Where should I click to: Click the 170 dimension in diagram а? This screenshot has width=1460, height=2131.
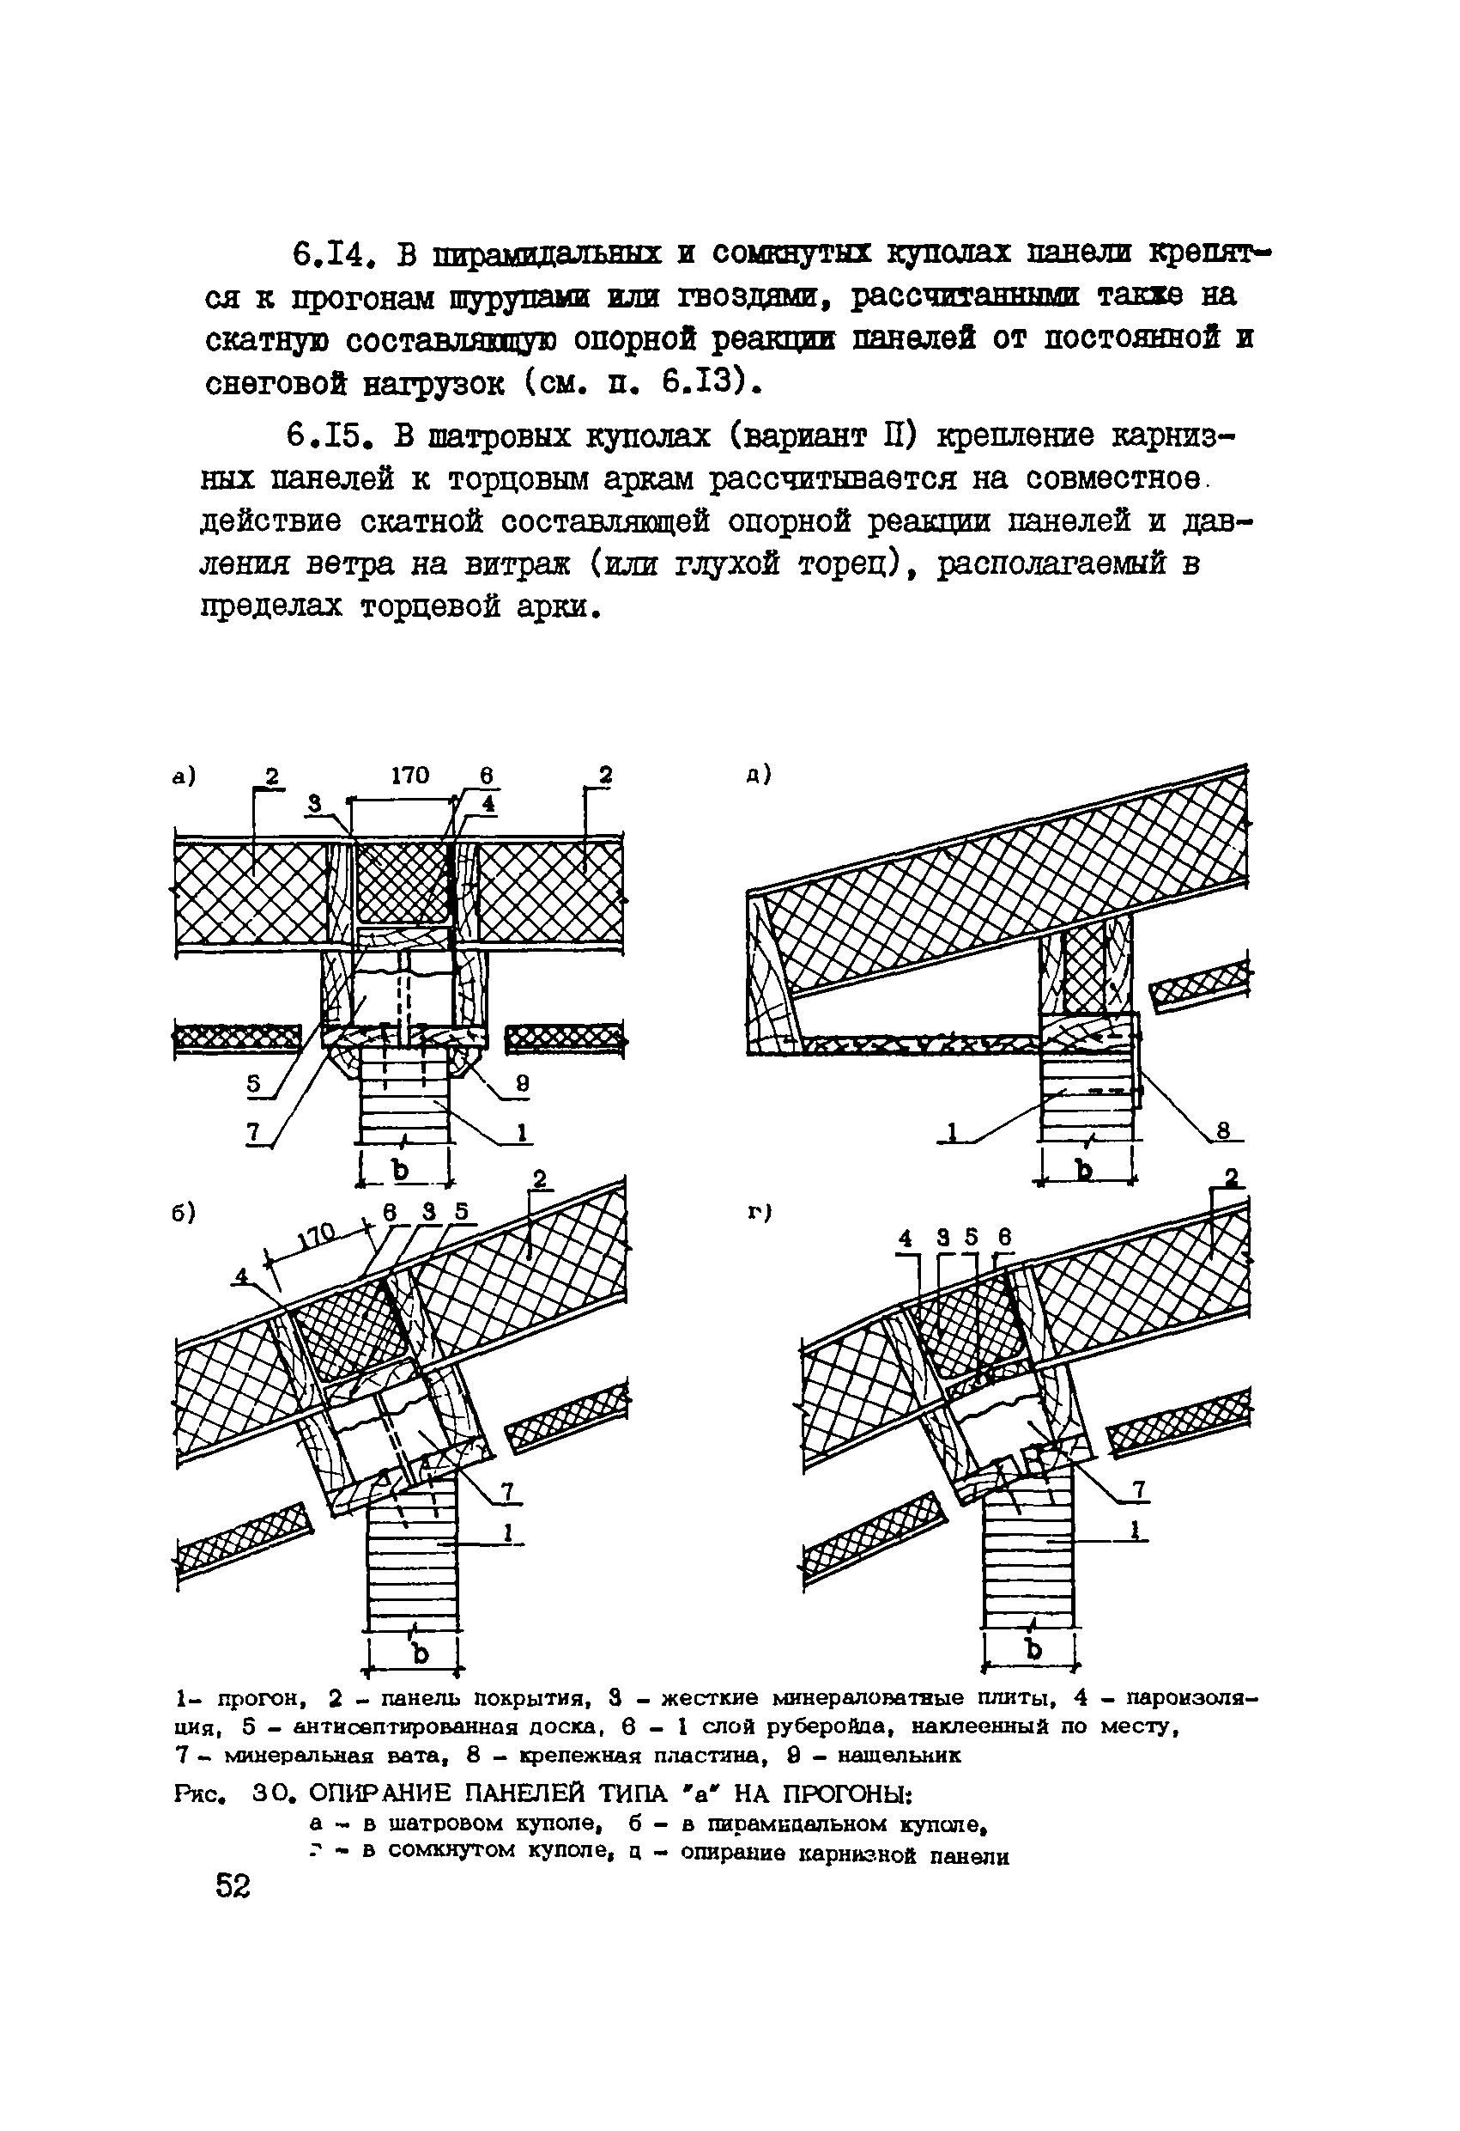tap(409, 776)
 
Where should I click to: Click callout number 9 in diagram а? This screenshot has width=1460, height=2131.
tap(522, 1082)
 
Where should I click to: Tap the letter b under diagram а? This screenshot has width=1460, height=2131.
tap(402, 1171)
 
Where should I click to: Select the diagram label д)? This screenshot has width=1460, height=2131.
tap(759, 776)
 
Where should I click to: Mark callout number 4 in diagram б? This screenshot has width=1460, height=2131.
tap(242, 1275)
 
